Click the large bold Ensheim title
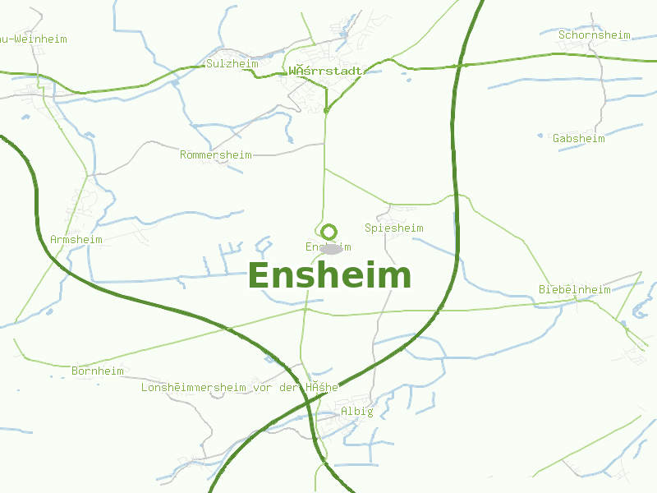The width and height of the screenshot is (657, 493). (x=329, y=276)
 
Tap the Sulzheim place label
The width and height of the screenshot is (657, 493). (x=232, y=63)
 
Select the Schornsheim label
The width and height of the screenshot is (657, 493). (x=594, y=35)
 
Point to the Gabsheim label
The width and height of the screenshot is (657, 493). (x=578, y=138)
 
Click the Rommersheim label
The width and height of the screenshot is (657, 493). (x=215, y=154)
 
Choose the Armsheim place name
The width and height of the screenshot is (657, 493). (x=76, y=239)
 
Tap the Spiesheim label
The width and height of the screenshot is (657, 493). (x=393, y=228)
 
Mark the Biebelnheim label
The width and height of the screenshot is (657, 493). (x=574, y=289)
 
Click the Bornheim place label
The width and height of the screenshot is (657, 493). (x=97, y=371)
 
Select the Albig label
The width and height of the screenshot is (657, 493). (x=356, y=412)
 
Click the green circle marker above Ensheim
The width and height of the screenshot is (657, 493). (x=328, y=232)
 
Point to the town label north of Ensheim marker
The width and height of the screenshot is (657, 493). (x=325, y=71)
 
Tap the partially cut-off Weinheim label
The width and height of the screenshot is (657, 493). (x=33, y=39)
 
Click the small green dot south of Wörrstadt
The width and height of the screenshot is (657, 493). (x=326, y=109)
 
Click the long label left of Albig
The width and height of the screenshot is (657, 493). (x=239, y=387)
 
